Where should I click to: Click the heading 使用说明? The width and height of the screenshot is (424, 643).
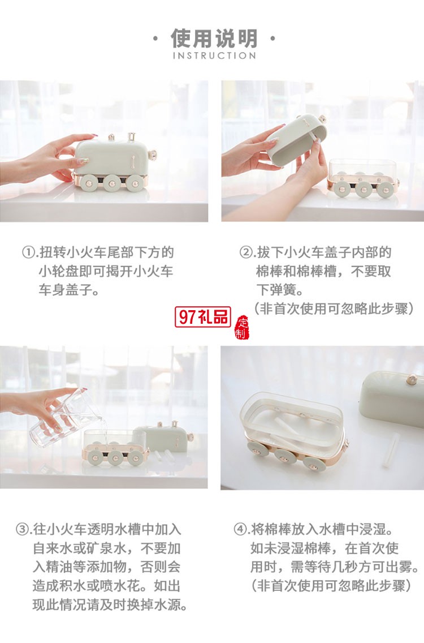click(214, 38)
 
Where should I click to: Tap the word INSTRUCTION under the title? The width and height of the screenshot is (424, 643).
click(214, 55)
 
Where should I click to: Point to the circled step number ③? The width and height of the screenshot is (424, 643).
click(23, 530)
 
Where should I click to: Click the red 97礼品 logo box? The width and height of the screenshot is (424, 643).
click(202, 317)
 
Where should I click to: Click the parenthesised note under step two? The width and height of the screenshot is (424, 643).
click(334, 308)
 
